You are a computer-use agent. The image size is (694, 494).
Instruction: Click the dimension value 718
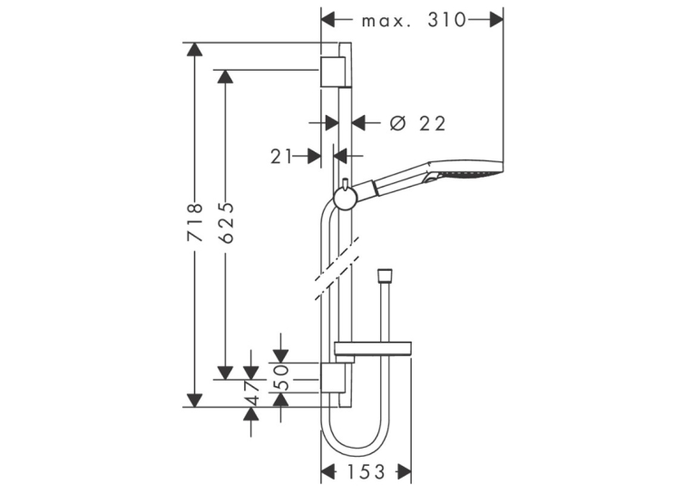[x=195, y=221]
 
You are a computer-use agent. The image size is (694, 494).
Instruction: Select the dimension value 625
[x=226, y=222]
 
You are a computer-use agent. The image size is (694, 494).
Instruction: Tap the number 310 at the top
[x=446, y=20]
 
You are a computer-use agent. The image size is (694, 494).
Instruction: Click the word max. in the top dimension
[x=386, y=21]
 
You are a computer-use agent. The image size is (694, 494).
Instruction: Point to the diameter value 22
[x=433, y=124]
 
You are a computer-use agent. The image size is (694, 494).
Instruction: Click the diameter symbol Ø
[x=397, y=123]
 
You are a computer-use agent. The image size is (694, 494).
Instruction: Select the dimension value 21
[x=281, y=156]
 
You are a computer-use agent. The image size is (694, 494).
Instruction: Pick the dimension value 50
[x=281, y=377]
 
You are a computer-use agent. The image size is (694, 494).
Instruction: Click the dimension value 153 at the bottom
[x=366, y=472]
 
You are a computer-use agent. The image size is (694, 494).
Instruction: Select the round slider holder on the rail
[x=344, y=198]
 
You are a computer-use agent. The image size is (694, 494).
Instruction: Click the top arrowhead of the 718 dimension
[x=194, y=49]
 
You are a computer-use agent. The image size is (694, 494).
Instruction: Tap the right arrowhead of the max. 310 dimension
[x=496, y=20]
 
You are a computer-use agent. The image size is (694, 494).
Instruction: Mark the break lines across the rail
[x=337, y=268]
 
